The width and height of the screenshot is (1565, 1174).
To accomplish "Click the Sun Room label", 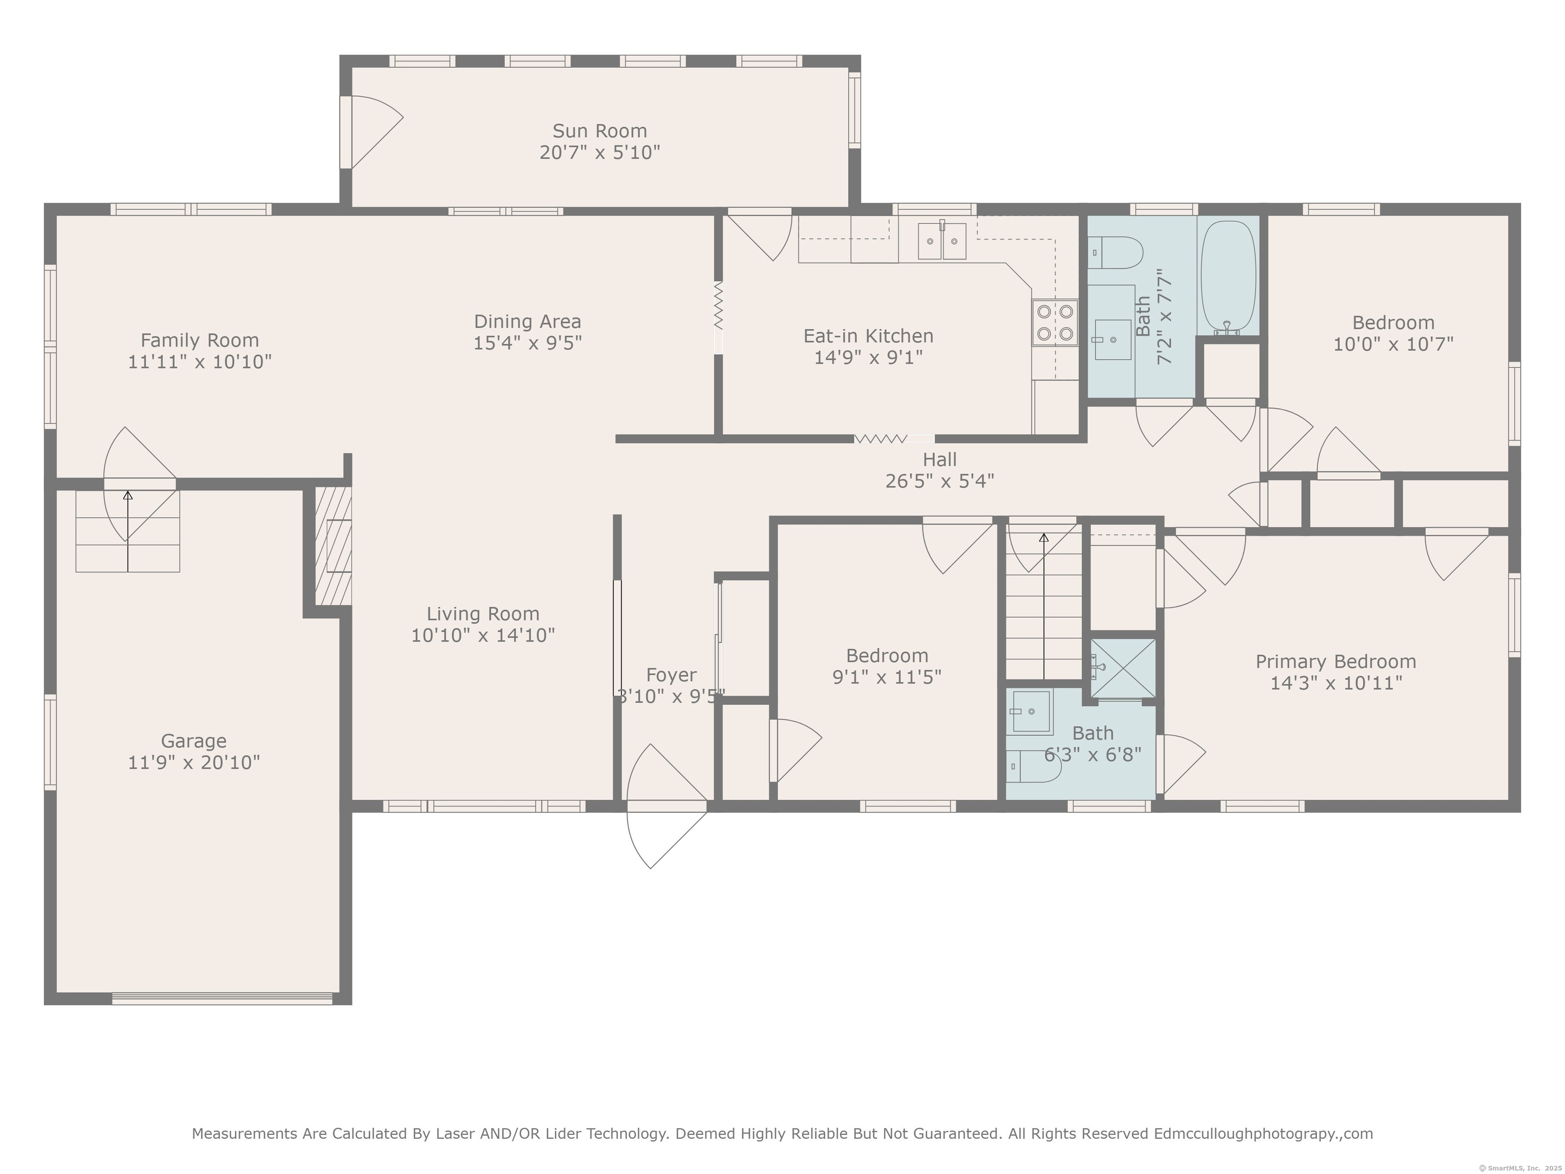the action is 599,131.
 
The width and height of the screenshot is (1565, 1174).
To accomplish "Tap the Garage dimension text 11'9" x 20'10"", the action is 194,762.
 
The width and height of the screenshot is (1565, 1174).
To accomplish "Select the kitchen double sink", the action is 941,241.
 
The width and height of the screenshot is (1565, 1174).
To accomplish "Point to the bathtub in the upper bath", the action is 1228,277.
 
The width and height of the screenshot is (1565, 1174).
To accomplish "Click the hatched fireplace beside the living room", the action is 333,546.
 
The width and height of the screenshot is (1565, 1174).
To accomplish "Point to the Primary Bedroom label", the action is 1336,662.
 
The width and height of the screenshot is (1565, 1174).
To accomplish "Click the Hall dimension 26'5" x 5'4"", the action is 939,481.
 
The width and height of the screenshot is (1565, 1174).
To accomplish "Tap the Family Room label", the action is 200,340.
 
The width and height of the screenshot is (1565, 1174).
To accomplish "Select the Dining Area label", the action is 527,322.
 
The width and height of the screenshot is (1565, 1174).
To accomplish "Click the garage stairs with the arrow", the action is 128,531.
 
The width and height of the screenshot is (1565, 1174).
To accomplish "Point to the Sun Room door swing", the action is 377,132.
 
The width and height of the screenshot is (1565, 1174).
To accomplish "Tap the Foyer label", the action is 671,675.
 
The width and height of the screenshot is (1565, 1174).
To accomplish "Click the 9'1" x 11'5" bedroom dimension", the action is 886,677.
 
